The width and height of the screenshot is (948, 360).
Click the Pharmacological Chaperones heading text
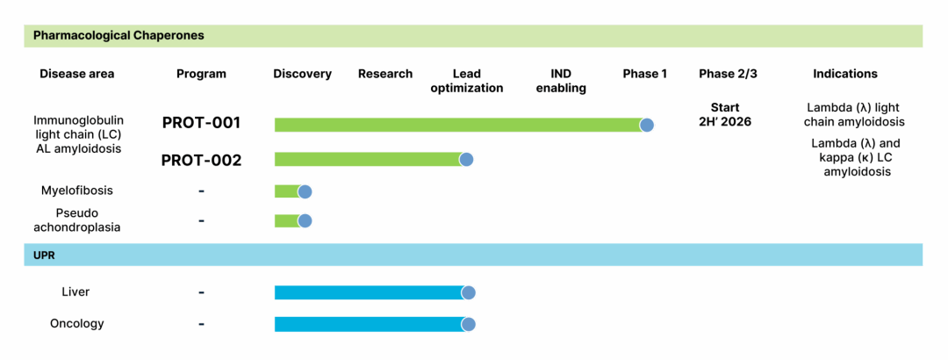coord(118,36)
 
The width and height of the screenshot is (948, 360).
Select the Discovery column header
coord(302,74)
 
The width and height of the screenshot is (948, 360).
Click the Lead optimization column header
coord(466,81)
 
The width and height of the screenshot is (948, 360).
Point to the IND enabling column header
coord(562,81)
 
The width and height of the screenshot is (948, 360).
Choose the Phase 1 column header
coord(644,74)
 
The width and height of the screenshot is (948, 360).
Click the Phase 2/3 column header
coord(728,74)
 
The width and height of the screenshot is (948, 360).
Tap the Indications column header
coord(844,74)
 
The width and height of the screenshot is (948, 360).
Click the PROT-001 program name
coord(201,123)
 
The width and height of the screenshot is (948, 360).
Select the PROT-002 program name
coord(201,161)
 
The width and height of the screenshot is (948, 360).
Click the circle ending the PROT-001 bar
coord(647,125)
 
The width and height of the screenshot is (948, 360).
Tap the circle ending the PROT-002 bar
coord(466,160)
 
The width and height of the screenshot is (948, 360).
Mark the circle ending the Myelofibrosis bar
coord(305,192)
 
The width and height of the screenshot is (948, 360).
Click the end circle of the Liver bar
coord(468,293)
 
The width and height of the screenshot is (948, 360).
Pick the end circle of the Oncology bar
coord(468,325)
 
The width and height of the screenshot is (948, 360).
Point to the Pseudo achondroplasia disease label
coord(76,220)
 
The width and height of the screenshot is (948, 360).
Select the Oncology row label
coord(76,324)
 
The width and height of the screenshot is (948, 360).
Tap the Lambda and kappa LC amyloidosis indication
coord(856,157)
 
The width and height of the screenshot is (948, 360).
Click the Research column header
coord(384,74)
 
